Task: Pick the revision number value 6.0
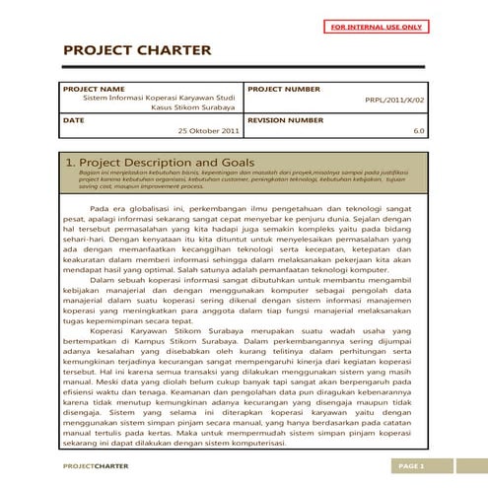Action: (419, 130)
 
